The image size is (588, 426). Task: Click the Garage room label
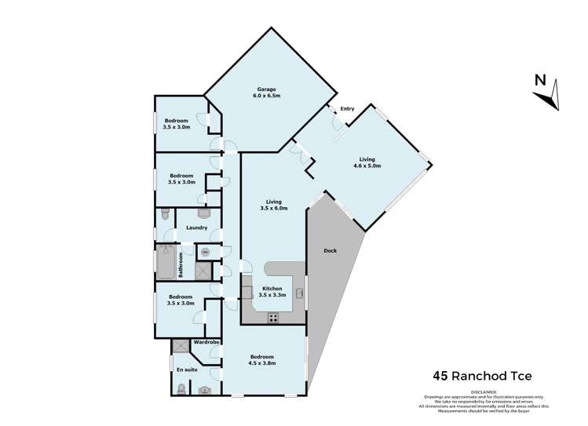point(266,92)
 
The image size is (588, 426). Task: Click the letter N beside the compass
point(539,80)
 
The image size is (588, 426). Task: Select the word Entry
point(347,109)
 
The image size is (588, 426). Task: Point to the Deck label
point(331,251)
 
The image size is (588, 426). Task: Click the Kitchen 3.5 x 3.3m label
point(272,291)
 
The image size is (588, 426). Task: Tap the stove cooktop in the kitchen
point(273,318)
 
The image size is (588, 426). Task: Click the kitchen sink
point(299,293)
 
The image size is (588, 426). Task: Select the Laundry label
point(197,228)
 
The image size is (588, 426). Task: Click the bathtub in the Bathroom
point(166,262)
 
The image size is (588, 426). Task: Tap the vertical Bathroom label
point(181,264)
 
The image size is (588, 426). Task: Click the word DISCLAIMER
point(484,391)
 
